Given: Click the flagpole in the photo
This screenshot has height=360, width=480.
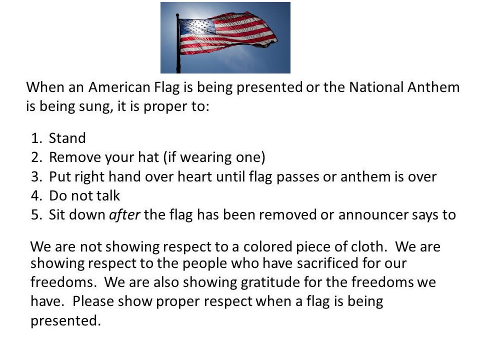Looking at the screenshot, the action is point(178,43).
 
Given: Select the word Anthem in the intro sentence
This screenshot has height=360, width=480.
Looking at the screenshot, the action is point(433,87).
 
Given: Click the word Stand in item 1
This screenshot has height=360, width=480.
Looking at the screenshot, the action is point(67,138).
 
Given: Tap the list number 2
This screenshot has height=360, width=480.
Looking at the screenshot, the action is point(36,157).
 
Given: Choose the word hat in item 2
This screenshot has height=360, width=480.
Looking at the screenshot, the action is point(148,157).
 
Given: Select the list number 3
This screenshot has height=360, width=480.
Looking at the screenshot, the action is point(36,176).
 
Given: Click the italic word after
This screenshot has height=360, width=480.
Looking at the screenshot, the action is point(124,214).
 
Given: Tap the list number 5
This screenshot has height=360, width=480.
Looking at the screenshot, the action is point(36,215).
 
